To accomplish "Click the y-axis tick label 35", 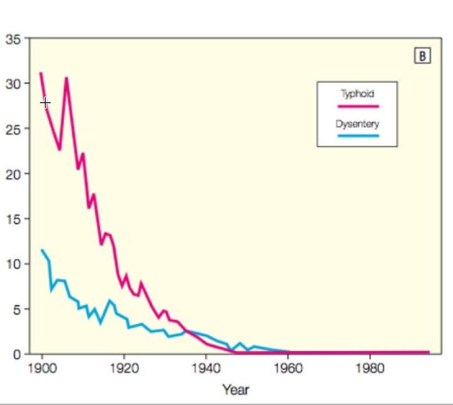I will [14, 39].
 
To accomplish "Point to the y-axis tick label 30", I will [14, 84].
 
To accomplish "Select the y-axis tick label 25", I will [14, 129].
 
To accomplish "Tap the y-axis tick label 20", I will [14, 175].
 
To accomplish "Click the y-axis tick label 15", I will [14, 219].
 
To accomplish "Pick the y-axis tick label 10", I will [14, 264].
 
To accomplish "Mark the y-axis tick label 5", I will [16, 309].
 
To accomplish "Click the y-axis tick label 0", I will [17, 354].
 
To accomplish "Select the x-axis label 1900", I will [42, 368].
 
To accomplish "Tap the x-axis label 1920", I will [124, 368].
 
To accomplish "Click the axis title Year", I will [235, 389].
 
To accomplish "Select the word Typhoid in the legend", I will [357, 94].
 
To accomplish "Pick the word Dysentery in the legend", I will [357, 123].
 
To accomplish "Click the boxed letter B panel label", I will [422, 56].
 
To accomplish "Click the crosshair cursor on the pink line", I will [45, 103].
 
